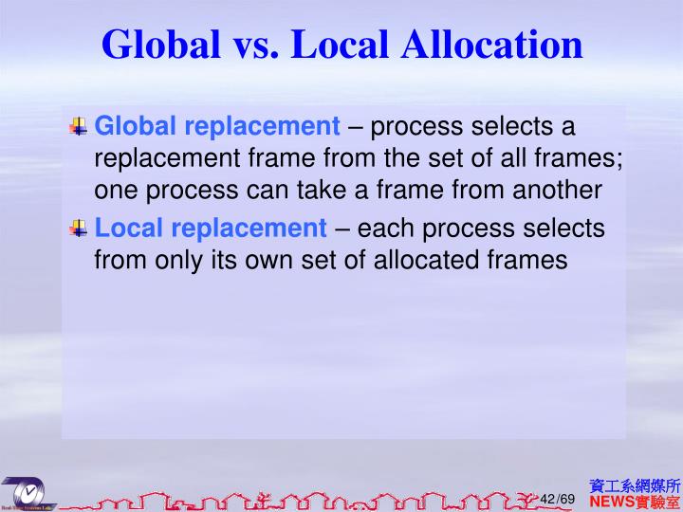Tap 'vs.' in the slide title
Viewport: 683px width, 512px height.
249,44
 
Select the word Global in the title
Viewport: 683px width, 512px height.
160,44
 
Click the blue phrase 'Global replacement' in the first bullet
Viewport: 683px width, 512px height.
217,126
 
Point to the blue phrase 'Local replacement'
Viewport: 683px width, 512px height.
211,228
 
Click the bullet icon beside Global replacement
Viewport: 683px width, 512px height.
79,125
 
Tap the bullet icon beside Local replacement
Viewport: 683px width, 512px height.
79,227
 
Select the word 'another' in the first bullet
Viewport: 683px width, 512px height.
558,191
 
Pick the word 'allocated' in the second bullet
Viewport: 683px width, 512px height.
424,260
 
